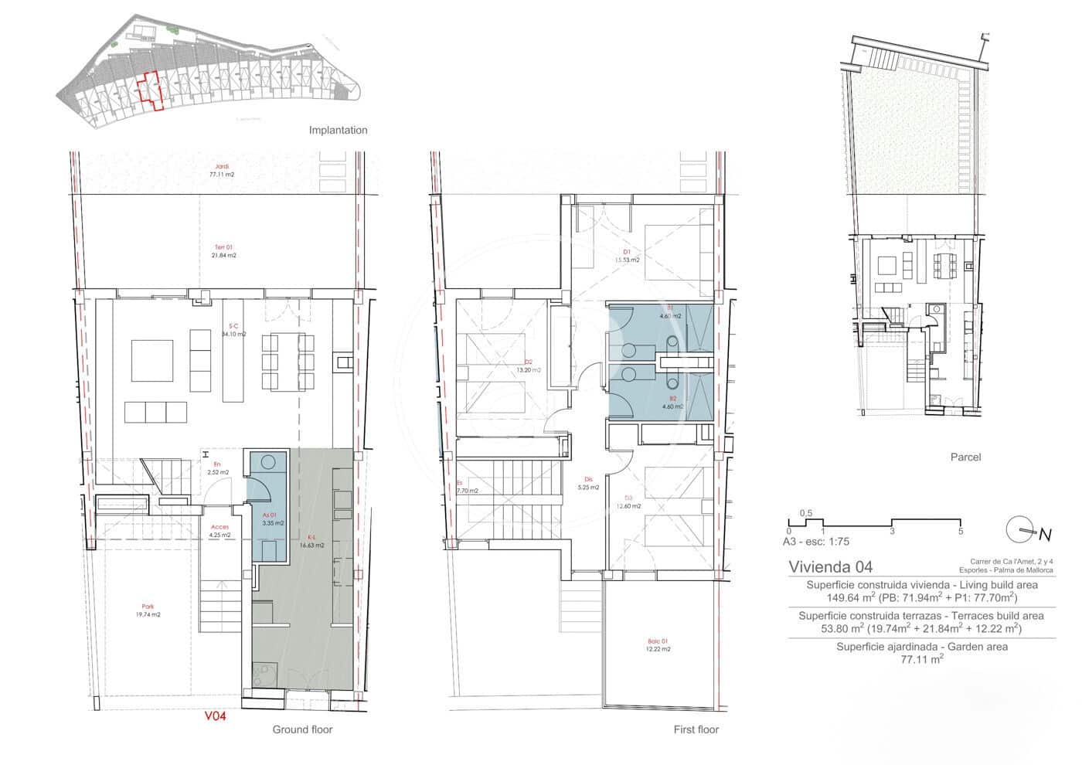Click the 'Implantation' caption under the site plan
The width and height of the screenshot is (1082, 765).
(x=338, y=130)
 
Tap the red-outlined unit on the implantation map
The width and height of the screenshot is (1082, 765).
(x=148, y=90)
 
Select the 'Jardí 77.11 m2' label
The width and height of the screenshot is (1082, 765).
(x=222, y=171)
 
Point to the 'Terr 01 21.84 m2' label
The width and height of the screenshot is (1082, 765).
(x=224, y=250)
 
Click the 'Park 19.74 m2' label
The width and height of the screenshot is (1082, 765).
(x=147, y=610)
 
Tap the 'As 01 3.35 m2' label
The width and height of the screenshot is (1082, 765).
(x=273, y=518)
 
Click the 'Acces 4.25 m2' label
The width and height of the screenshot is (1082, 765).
(x=220, y=531)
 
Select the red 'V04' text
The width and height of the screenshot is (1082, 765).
(x=215, y=716)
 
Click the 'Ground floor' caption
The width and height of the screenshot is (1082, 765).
(x=301, y=729)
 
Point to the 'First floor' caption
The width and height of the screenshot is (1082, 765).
(x=696, y=729)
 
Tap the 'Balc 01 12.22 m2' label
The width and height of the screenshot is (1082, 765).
(x=658, y=645)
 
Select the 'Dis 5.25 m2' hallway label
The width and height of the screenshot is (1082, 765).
(x=589, y=483)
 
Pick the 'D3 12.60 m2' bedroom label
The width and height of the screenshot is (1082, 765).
(x=628, y=502)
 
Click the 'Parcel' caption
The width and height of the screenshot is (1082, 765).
(x=965, y=457)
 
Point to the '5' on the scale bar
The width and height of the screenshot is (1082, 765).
(x=960, y=532)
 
